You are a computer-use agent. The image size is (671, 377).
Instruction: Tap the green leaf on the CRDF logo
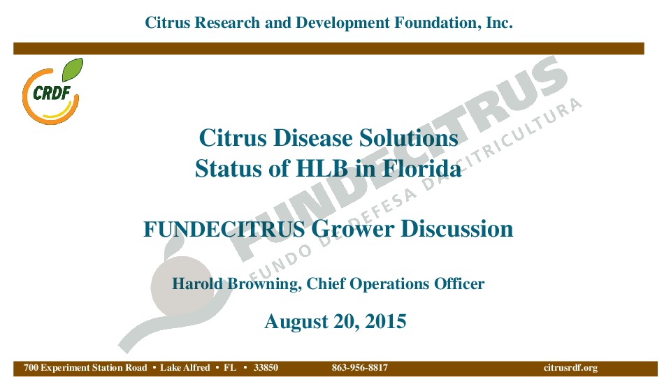click(72, 70)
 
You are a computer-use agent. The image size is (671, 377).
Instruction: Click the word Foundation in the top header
click(436, 22)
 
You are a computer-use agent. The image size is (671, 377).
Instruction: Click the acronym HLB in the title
click(322, 168)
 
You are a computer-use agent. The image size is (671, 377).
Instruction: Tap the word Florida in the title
click(421, 168)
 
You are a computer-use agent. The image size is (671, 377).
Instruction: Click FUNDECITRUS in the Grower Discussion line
click(224, 229)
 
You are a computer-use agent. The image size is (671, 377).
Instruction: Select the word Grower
click(352, 229)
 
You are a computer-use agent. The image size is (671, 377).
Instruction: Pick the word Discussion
click(456, 229)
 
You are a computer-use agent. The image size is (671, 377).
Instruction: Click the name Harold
click(197, 283)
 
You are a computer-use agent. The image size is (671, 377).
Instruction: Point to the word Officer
click(459, 283)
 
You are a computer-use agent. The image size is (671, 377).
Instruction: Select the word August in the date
click(296, 322)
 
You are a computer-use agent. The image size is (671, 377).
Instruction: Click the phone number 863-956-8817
click(360, 368)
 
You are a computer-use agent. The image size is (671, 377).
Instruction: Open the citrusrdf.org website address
click(570, 368)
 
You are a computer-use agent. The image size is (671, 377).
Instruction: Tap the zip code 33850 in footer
click(266, 368)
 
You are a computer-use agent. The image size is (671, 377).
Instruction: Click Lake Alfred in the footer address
click(185, 368)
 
